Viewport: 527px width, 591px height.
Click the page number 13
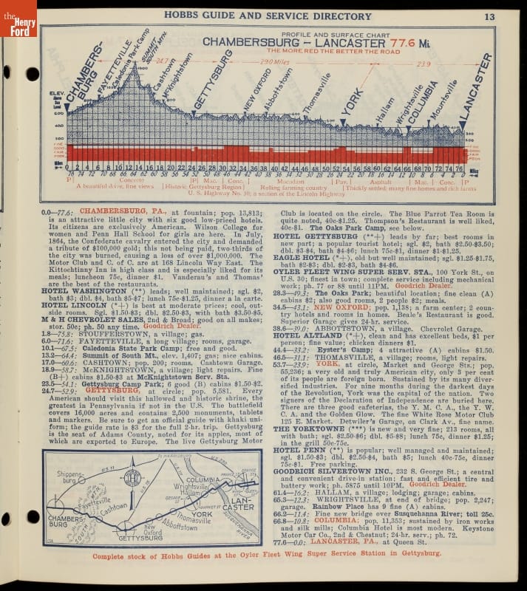(x=490, y=16)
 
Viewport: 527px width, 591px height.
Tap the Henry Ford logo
(x=18, y=18)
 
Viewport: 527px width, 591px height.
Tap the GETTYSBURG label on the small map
(x=144, y=536)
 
